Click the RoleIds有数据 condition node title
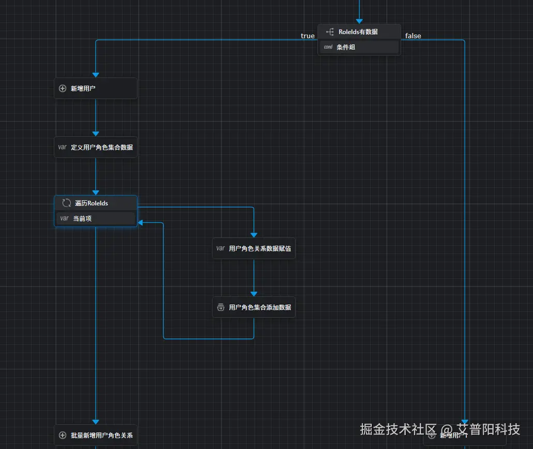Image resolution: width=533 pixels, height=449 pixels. tap(358, 32)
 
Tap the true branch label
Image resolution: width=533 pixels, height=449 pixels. tap(308, 36)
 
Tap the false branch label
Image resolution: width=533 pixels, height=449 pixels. tap(413, 36)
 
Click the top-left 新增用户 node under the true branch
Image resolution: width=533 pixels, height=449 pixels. tap(96, 88)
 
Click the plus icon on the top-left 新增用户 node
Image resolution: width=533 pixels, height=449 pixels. tap(63, 89)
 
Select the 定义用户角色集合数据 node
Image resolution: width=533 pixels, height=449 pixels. tap(96, 147)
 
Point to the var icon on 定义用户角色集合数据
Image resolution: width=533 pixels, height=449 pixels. tap(63, 147)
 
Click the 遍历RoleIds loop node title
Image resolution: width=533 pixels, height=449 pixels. tap(92, 203)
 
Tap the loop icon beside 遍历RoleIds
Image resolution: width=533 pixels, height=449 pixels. tap(66, 203)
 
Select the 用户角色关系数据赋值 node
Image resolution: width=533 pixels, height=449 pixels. tap(254, 248)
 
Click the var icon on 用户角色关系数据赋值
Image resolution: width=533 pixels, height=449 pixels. tap(221, 248)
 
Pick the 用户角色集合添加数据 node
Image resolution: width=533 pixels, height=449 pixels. tap(254, 307)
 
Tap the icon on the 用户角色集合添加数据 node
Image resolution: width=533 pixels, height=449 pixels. tap(221, 308)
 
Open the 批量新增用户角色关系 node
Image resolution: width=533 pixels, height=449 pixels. tap(96, 435)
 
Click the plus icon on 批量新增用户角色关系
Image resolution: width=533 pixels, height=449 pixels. tap(63, 436)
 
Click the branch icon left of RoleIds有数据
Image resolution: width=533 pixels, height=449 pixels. tap(329, 32)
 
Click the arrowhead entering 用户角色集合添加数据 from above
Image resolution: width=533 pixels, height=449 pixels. tap(254, 294)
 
